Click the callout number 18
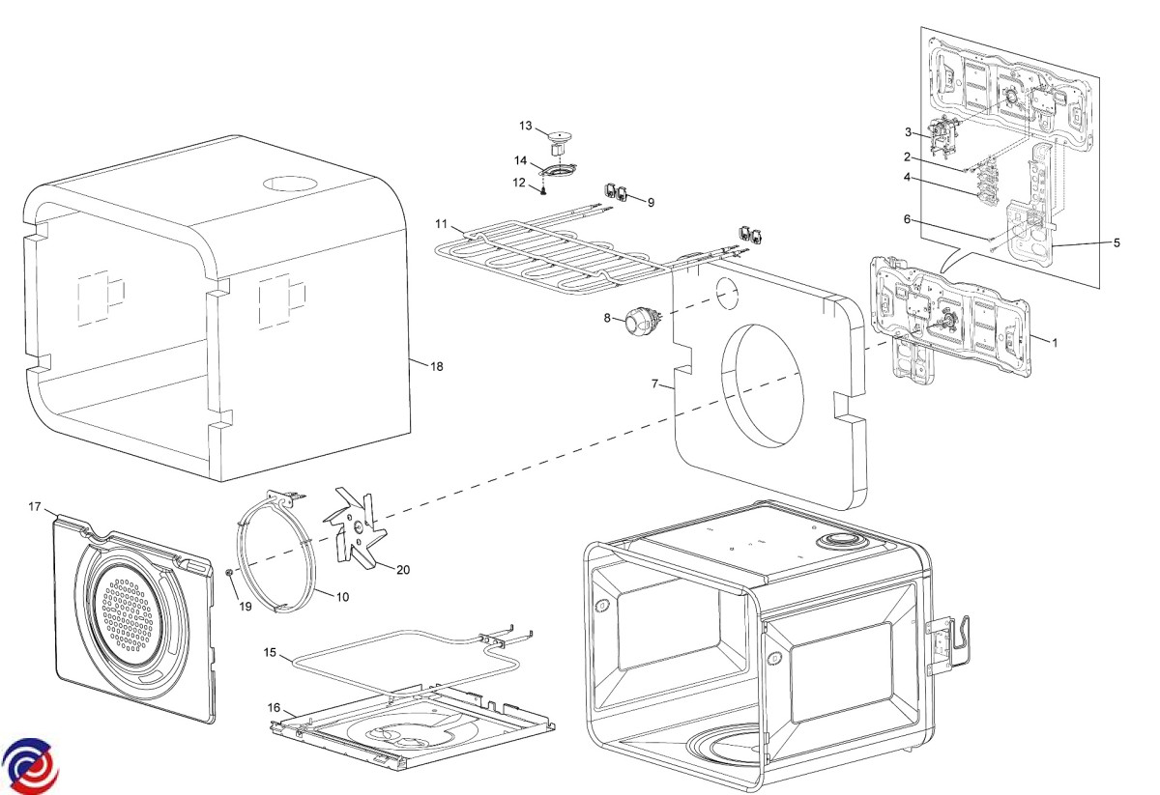point(437,367)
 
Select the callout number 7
point(654,383)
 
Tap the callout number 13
point(526,126)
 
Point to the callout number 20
point(403,570)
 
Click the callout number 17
point(35,507)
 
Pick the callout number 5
point(1116,242)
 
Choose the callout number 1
point(1055,342)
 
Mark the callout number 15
point(272,654)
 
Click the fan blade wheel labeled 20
point(357,529)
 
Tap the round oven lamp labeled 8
point(637,319)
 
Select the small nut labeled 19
point(229,573)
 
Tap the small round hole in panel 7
point(726,290)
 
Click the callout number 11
point(441,224)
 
